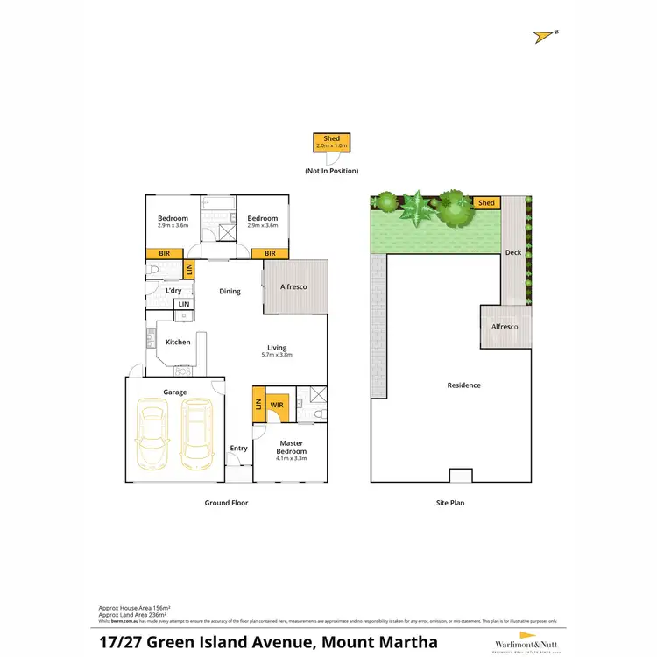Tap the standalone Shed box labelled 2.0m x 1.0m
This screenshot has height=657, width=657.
click(331, 143)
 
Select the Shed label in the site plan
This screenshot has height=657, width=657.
click(486, 203)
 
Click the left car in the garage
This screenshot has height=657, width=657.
click(152, 433)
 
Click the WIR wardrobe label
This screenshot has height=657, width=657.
click(277, 406)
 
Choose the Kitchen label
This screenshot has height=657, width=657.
click(178, 342)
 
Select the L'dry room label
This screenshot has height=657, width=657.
click(173, 290)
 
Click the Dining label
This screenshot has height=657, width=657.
click(230, 292)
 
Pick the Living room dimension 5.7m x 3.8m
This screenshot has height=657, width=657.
click(276, 355)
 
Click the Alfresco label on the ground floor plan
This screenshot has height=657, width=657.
click(293, 286)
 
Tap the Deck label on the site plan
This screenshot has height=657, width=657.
click(512, 253)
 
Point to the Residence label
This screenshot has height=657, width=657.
click(463, 385)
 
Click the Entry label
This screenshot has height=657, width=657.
click(238, 449)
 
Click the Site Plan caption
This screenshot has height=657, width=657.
click(450, 503)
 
